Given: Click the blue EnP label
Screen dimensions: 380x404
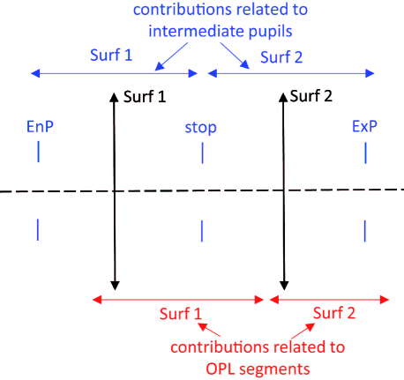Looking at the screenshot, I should [38, 127].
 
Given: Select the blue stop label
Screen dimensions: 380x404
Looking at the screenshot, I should [200, 128].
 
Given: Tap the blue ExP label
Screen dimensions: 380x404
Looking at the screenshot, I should [364, 127].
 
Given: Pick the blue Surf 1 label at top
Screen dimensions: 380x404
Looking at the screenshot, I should [110, 55].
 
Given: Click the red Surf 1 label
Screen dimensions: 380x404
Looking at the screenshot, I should [181, 314].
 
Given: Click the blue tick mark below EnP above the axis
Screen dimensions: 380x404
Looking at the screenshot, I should [38, 153].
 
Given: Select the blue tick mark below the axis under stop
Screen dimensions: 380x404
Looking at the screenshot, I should [202, 230].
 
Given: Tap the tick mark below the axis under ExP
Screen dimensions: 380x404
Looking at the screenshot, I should [364, 230].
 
